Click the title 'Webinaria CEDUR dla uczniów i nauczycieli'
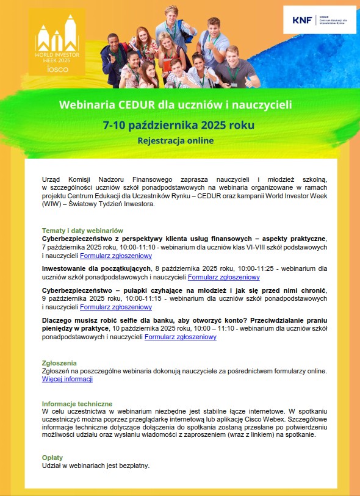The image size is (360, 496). click(175, 105)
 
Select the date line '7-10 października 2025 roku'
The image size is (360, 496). click(179, 125)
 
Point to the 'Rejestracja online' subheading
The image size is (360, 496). click(176, 140)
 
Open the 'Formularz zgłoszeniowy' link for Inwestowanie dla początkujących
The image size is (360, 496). click(224, 277)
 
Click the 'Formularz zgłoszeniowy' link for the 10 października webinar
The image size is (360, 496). click(180, 336)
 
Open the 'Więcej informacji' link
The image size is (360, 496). click(67, 379)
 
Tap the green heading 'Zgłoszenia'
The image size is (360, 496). click(59, 362)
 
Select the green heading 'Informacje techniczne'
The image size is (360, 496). click(77, 404)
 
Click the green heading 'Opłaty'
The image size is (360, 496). click(52, 457)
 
